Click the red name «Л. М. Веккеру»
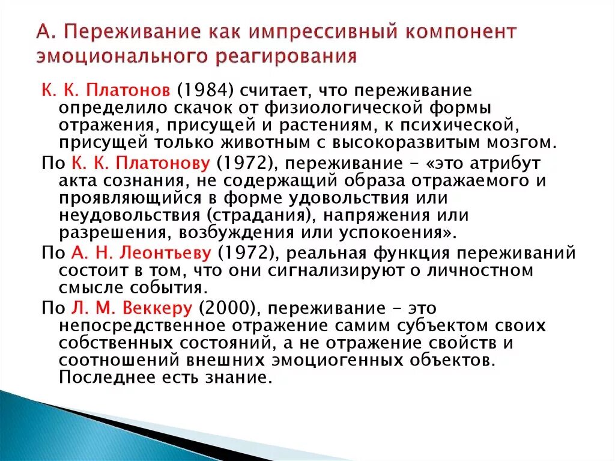132,308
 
